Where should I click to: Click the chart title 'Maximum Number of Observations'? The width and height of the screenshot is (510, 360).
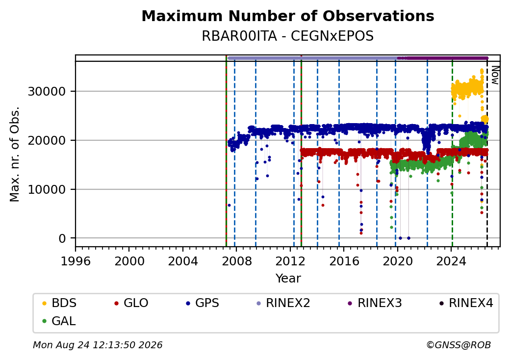coord(288,16)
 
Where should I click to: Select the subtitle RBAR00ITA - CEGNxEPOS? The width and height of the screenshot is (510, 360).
coord(288,36)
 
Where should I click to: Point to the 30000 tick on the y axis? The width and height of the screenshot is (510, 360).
coord(47,91)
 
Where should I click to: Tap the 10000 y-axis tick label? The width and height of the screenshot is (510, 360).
coord(47,190)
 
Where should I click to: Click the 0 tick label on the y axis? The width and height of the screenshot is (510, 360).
coord(62,239)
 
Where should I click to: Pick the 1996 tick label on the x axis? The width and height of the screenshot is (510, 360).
coord(76,261)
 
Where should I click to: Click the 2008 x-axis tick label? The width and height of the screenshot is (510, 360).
coord(236,261)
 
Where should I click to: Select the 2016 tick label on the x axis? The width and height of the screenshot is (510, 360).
coord(344,261)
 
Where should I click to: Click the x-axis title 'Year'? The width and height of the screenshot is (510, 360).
coord(288,279)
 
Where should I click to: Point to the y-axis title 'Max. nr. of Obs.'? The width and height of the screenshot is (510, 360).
coord(15,154)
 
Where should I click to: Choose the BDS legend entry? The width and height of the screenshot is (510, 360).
coord(59,303)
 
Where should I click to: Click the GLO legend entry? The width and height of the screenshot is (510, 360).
coord(131,303)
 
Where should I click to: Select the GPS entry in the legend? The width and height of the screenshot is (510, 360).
coord(203,303)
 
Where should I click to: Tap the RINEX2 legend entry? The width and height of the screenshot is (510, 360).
coord(283,303)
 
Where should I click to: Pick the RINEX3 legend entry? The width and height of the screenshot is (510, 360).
coord(375,303)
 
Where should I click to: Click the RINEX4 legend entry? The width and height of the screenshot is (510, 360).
coord(466,303)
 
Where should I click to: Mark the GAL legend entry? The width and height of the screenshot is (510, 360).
coord(59,321)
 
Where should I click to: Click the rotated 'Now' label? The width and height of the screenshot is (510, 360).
coord(495,75)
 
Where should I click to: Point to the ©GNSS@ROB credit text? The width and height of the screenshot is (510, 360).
coord(459,345)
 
